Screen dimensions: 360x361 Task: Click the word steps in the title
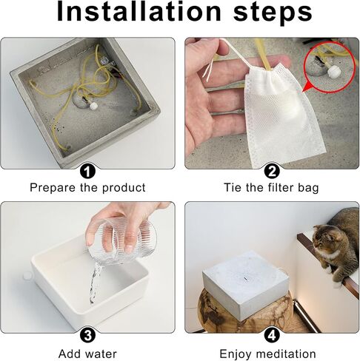(273, 13)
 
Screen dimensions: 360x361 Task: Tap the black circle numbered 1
(87, 171)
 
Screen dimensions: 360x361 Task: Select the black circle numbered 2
(272, 171)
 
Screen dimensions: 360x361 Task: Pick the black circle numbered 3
(87, 335)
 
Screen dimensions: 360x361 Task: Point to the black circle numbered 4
(272, 335)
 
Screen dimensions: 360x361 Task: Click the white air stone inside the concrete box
(93, 106)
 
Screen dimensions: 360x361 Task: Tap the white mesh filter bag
(282, 112)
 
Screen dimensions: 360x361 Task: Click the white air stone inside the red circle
(332, 71)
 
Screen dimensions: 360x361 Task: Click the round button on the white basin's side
(27, 276)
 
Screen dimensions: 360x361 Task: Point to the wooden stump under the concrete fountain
(245, 312)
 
